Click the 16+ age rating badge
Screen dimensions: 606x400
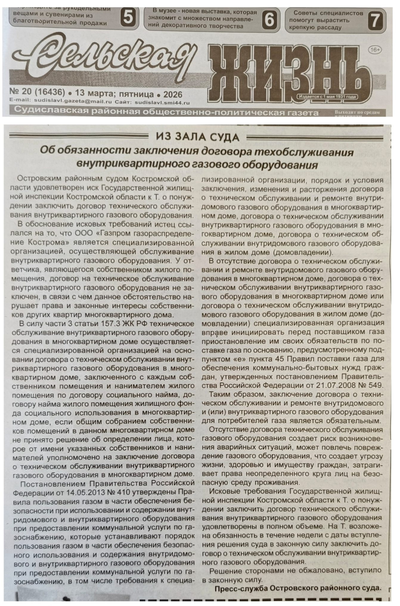pos(375,50)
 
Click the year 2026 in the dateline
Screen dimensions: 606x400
pos(173,95)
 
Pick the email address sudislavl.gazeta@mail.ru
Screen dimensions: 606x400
pos(73,102)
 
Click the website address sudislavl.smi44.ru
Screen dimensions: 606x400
pos(162,103)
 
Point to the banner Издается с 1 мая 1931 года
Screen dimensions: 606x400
pos(327,97)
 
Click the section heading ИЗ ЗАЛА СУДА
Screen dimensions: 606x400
pos(198,137)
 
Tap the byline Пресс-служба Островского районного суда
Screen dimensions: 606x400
pos(298,588)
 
